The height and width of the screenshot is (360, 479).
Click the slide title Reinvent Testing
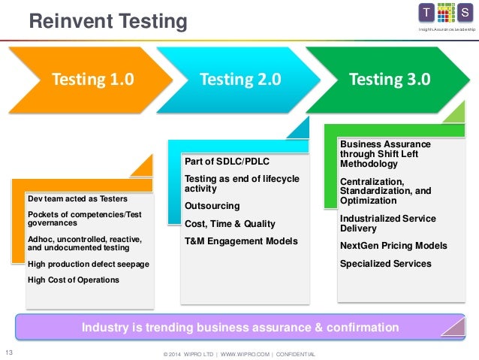107,22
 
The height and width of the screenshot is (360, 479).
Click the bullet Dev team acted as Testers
77,199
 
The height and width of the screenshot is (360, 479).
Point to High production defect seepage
88,265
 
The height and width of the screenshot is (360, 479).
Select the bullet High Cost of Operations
73,280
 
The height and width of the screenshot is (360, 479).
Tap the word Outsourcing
212,205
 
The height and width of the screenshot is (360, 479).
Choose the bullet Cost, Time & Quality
230,223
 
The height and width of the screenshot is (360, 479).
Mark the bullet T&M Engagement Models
240,241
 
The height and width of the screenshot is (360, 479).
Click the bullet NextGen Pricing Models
393,246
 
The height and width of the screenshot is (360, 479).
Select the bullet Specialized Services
386,264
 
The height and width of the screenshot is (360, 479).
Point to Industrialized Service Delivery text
387,223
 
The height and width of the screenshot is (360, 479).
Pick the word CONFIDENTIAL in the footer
296,354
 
